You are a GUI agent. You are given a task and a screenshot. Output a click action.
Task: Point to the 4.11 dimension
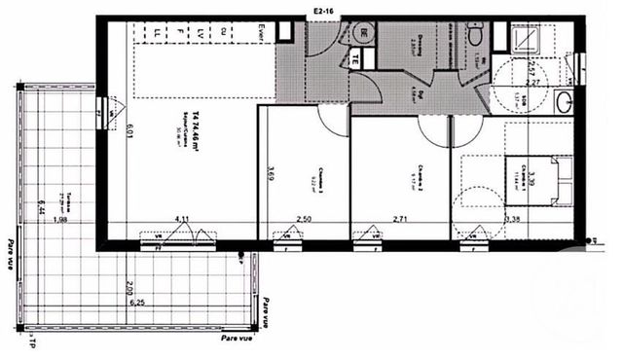tap(182, 219)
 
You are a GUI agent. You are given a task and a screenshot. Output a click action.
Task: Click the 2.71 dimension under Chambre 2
tap(400, 219)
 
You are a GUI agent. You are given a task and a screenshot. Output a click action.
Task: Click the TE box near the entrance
tap(356, 57)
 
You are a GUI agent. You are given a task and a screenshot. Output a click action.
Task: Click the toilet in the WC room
tap(477, 34)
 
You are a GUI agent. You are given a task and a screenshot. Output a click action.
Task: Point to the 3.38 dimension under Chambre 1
tap(514, 219)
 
